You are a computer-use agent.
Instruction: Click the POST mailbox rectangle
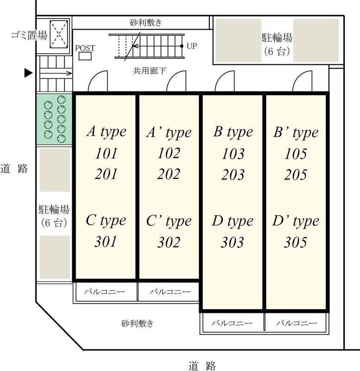pos(85,56)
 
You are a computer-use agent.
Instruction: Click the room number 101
pos(106,153)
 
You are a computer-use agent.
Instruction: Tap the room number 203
pos(233,174)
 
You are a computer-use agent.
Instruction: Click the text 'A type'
pos(106,132)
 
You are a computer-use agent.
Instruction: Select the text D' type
pos(296,221)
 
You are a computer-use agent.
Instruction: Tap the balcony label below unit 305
pos(296,323)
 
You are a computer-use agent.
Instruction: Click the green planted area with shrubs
pos(54,119)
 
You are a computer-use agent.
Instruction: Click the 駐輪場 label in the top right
pos(277,37)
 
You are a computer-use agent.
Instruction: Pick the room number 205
pos(296,174)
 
